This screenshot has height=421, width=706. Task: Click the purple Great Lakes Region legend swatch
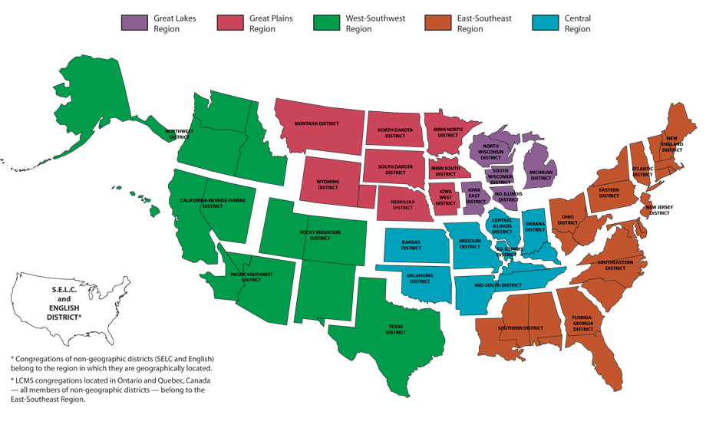134,22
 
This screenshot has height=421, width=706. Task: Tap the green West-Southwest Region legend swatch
327,22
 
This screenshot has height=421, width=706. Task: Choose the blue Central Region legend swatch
546,22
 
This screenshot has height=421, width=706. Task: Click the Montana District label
317,123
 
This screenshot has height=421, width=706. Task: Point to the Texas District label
395,329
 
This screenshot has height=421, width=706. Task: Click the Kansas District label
411,245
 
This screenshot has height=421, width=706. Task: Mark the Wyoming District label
328,185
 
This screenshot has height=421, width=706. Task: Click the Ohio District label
567,219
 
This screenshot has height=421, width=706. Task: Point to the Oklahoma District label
420,278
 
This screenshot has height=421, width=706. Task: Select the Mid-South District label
497,285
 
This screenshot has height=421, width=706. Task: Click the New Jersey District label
659,210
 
